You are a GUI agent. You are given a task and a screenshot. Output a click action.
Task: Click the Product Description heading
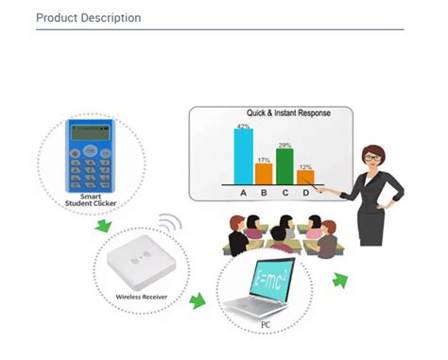pos(88,18)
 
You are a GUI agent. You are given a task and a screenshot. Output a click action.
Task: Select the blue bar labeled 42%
pos(243,155)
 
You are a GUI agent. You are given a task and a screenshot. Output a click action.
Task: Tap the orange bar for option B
pos(264,173)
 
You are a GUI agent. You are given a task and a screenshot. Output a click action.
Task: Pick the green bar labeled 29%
pos(284,165)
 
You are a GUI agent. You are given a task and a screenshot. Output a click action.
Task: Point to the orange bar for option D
pos(304,176)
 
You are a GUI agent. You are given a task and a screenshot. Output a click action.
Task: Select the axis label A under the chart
pos(243,193)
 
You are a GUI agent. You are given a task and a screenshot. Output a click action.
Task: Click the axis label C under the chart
pos(284,193)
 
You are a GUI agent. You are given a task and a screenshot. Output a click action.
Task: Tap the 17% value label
pos(264,160)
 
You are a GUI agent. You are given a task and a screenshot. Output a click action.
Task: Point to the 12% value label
pos(305,167)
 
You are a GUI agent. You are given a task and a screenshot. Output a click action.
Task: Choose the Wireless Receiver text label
pos(142,297)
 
